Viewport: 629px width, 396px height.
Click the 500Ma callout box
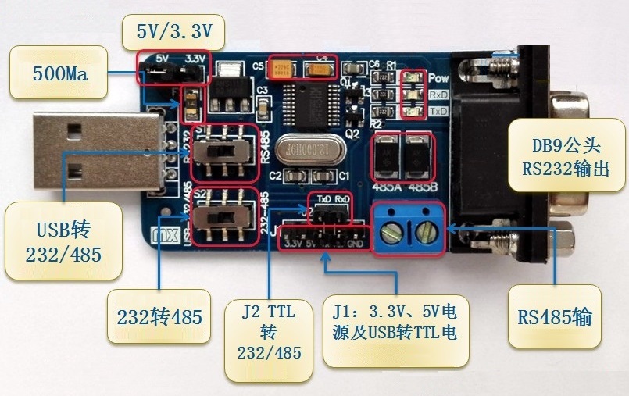58,74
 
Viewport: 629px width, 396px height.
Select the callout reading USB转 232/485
63,241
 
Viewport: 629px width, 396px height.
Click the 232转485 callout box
159,317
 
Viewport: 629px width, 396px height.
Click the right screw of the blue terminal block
426,230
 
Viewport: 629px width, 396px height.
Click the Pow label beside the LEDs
438,79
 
